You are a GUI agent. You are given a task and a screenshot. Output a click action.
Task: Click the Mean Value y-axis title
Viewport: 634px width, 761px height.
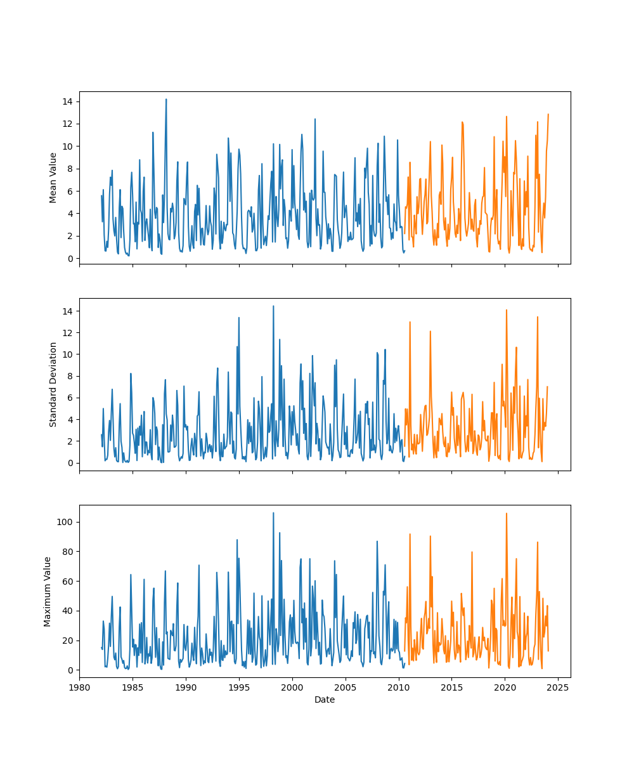coord(53,178)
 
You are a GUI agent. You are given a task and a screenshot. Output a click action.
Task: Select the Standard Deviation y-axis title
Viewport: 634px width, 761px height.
coord(53,384)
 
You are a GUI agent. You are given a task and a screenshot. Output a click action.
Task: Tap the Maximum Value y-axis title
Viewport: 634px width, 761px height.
coord(48,591)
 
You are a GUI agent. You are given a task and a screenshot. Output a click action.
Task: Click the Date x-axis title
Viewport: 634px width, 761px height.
coord(325,699)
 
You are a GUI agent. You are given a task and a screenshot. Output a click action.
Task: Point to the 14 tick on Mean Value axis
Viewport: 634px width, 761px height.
coord(67,101)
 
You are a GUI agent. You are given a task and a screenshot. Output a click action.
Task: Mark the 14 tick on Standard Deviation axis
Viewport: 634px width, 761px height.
coord(67,311)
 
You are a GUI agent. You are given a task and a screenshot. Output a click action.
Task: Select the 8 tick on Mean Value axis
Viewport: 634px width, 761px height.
coord(69,169)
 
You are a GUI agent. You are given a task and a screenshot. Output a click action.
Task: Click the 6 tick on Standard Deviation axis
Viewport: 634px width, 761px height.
coord(69,398)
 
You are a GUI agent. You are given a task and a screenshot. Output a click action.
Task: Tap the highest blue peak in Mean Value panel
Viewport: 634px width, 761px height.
coord(166,99)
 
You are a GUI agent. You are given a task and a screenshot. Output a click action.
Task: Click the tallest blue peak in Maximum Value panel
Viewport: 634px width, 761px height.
coord(273,513)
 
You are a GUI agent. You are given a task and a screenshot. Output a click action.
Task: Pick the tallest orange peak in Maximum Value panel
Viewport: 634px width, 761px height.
coord(506,514)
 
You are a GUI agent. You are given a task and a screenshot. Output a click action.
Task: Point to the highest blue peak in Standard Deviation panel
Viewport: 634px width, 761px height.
coord(273,306)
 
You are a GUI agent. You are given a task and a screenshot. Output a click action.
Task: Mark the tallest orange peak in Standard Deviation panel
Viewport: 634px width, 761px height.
coord(506,309)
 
